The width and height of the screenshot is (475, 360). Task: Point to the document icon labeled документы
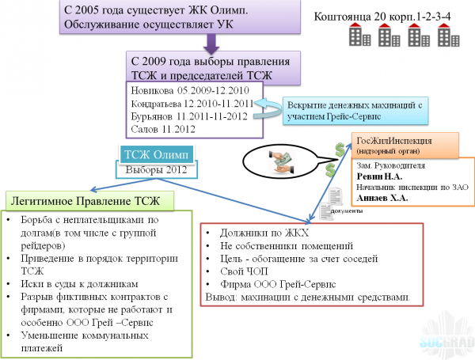[x=336, y=196]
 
